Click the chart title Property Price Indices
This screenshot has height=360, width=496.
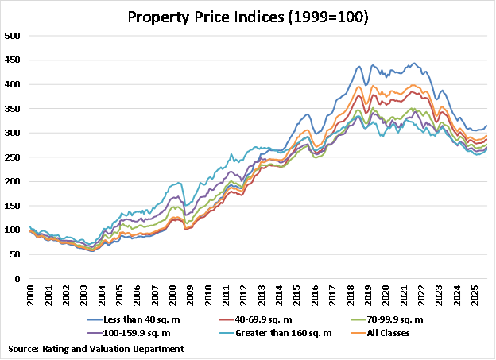(247, 16)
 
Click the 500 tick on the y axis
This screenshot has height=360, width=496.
(14, 36)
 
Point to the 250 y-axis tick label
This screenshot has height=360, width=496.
(14, 157)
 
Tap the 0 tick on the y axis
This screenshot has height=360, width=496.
(18, 279)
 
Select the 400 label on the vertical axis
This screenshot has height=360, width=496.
(14, 84)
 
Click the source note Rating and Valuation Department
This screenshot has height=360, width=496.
(96, 348)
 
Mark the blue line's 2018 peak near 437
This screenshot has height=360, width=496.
(358, 66)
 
